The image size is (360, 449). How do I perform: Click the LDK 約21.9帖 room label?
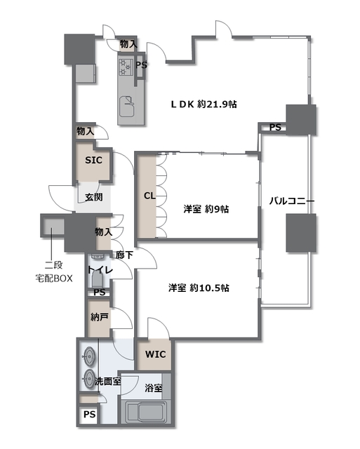(204, 105)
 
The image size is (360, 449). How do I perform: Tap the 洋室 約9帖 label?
(206, 209)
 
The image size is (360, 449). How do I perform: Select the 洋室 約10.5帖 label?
(199, 288)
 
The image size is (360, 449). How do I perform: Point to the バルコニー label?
(291, 201)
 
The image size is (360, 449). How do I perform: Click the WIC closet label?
(156, 354)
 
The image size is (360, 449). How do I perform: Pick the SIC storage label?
(93, 160)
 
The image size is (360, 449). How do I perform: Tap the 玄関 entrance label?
(93, 197)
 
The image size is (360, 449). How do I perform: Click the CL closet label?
(149, 196)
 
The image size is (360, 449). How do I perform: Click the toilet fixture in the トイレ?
(98, 279)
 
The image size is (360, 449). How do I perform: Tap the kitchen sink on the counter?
(126, 106)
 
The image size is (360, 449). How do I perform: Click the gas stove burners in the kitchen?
(126, 67)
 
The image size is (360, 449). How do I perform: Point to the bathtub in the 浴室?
(147, 412)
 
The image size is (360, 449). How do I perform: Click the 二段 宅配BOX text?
(54, 272)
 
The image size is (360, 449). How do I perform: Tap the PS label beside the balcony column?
(275, 127)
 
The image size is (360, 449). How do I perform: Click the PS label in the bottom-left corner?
(90, 415)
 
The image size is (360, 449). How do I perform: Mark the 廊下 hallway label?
(124, 255)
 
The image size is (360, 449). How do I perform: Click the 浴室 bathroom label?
(154, 388)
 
